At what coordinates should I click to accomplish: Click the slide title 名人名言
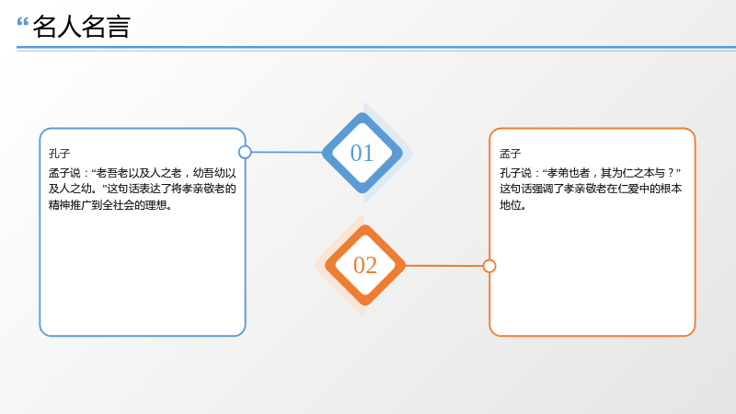(x=81, y=27)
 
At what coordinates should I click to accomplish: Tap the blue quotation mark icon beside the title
(x=22, y=21)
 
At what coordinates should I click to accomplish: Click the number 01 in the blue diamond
(x=362, y=153)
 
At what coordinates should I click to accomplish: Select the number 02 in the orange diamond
(x=365, y=265)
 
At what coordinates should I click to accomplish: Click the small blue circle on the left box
(x=245, y=152)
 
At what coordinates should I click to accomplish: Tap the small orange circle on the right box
(x=489, y=266)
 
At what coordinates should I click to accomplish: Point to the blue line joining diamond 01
(x=287, y=152)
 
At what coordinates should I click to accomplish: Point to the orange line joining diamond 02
(x=444, y=266)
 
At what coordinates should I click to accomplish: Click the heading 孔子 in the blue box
(x=59, y=154)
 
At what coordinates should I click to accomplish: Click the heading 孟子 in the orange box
(x=511, y=154)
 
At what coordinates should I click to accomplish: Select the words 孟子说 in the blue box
(x=64, y=173)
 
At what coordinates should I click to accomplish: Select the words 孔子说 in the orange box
(x=515, y=173)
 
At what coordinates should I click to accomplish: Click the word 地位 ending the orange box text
(x=511, y=205)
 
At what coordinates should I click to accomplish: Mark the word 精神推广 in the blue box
(x=70, y=205)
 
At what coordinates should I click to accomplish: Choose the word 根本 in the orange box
(x=672, y=189)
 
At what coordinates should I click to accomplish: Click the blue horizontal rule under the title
(x=376, y=48)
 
